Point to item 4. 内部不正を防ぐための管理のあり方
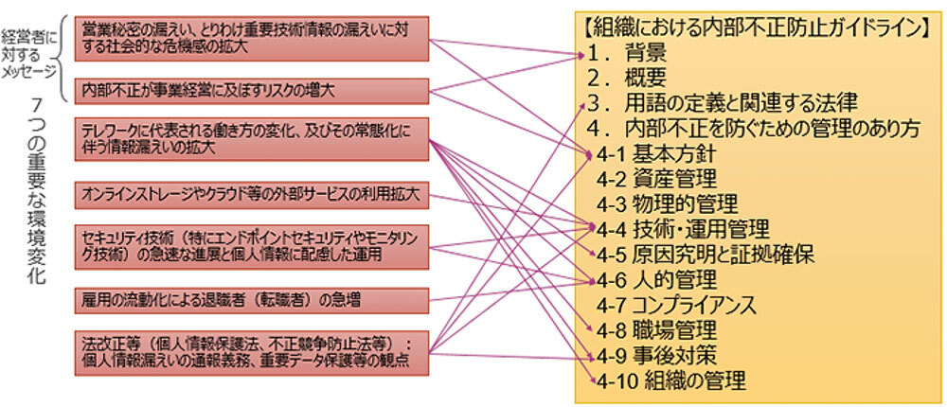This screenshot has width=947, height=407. click(x=753, y=127)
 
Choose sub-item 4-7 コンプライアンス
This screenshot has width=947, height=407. click(x=676, y=306)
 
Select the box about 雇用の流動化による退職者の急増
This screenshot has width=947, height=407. click(x=251, y=301)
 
